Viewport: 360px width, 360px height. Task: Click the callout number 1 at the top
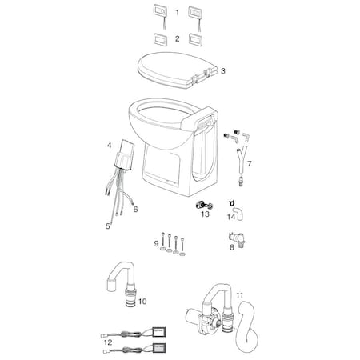178,13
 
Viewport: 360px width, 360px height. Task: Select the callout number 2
178,38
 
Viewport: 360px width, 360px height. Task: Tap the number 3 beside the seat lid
223,70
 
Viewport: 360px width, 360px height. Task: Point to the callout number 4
109,146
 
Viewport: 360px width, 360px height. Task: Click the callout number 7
250,163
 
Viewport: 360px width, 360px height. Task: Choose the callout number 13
205,214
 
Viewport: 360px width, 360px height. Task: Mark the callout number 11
240,295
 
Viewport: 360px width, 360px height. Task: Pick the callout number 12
108,342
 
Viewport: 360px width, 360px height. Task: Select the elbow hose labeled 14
238,214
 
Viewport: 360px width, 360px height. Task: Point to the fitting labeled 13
203,206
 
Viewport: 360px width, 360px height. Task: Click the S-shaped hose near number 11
247,326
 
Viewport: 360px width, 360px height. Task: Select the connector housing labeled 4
125,154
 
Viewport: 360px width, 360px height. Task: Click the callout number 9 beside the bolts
156,243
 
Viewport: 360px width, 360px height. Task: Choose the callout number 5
107,226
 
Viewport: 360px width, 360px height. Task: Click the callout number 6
135,210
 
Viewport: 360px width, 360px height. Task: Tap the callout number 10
142,302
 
